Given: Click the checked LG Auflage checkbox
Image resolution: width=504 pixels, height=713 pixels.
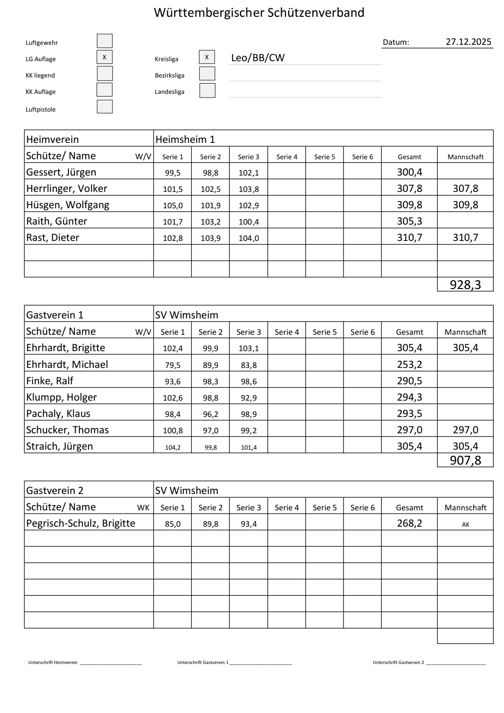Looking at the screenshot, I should (x=105, y=57).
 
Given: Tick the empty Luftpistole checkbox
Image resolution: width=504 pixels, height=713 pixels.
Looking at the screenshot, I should (x=105, y=106).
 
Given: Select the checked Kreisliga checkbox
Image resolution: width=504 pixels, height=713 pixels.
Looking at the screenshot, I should (x=207, y=57).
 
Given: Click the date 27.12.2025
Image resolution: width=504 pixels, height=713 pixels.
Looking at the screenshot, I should (x=468, y=42).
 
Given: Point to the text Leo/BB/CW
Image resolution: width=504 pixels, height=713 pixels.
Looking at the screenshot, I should (x=258, y=58).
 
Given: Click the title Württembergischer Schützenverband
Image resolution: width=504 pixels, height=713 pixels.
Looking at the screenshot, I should (x=259, y=13).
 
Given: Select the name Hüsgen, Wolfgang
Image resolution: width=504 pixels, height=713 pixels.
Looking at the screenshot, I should (x=68, y=205).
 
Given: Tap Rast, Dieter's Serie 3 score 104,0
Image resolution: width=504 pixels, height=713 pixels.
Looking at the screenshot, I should (x=248, y=238).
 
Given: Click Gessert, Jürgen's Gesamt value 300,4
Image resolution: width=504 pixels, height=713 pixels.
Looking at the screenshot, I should (x=409, y=172).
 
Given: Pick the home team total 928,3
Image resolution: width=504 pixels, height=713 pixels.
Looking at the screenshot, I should (x=465, y=284).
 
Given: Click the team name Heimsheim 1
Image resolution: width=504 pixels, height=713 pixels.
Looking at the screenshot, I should (x=185, y=139).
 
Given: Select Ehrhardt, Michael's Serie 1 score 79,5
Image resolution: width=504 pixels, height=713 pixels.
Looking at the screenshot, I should (x=173, y=365).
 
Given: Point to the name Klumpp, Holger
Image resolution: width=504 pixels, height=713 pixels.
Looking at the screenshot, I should (x=61, y=397).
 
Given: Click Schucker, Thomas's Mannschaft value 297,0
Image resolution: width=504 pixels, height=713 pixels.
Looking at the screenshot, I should (x=465, y=430).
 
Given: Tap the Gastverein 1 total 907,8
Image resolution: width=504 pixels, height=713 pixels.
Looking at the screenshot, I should (x=465, y=461).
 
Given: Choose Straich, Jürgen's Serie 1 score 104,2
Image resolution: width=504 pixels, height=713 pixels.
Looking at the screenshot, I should (x=173, y=447).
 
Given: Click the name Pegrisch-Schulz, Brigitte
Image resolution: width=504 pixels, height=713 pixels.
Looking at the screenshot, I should (x=81, y=523).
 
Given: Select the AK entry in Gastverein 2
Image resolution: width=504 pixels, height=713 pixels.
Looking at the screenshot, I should (x=465, y=524).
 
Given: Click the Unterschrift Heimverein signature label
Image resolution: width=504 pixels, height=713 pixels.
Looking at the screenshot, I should (x=53, y=663).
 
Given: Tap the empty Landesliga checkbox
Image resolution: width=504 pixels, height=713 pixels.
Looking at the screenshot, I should (x=207, y=90).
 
